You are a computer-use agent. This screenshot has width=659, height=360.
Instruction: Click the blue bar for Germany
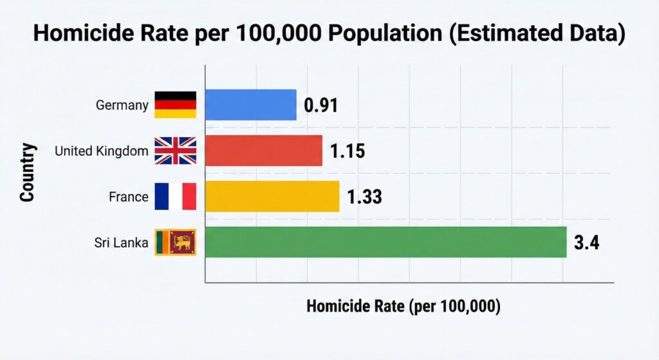pos(251,105)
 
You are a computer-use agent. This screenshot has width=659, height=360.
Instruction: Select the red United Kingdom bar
pos(264,151)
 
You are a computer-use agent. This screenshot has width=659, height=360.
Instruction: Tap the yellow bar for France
pos(272,196)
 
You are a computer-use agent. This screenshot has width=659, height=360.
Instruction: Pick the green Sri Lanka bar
pos(385,242)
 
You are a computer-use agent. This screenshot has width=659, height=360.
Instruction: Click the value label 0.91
pos(320,106)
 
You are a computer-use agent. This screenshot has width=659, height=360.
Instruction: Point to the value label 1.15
pos(348,151)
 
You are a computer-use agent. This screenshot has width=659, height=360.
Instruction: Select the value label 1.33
pos(364,197)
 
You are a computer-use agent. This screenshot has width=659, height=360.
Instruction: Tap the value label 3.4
pos(586,243)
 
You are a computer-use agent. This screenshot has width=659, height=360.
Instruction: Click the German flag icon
pos(175,105)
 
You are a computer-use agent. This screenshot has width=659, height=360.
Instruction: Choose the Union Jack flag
pos(175,151)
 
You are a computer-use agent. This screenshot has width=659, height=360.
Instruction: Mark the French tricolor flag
pos(175,196)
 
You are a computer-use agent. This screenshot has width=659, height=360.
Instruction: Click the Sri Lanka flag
pos(175,243)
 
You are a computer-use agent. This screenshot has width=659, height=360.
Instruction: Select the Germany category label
pos(122,105)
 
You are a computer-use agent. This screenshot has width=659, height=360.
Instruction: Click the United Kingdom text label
pos(102,151)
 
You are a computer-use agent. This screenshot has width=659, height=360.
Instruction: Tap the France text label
pos(129,197)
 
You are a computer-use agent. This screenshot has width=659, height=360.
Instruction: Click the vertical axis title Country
pos(26,173)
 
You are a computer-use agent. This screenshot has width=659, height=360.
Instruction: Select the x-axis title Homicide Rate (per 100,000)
pos(404,307)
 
